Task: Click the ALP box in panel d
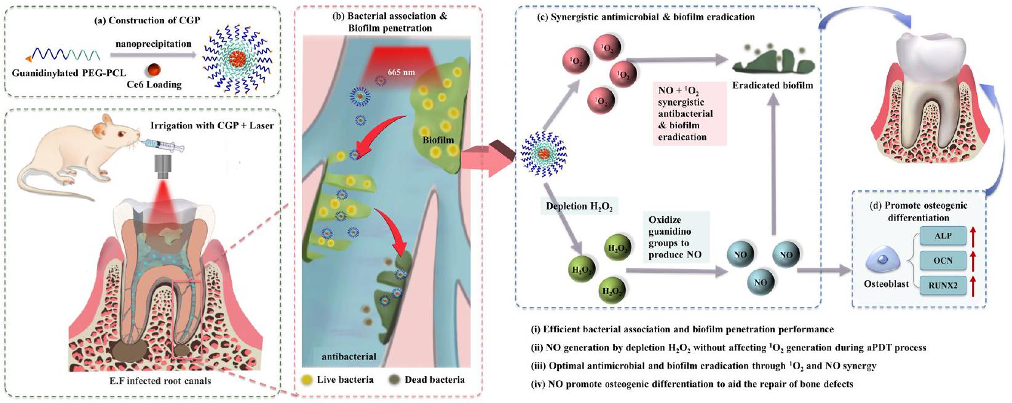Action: pos(943,236)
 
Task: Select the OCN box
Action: pos(943,260)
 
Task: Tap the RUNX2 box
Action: pos(943,285)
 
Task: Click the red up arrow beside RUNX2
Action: pos(973,285)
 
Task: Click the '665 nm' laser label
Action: pos(401,72)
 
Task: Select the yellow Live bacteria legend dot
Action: pos(307,379)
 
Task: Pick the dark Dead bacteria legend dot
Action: pos(394,379)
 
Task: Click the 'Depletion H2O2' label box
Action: pos(579,206)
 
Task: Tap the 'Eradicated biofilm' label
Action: pos(772,85)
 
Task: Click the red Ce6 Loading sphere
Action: pos(154,69)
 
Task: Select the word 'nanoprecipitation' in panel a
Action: pos(153,44)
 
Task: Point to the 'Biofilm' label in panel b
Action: pos(438,140)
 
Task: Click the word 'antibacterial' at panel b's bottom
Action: pos(349,356)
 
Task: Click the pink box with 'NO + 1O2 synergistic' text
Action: pos(689,114)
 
